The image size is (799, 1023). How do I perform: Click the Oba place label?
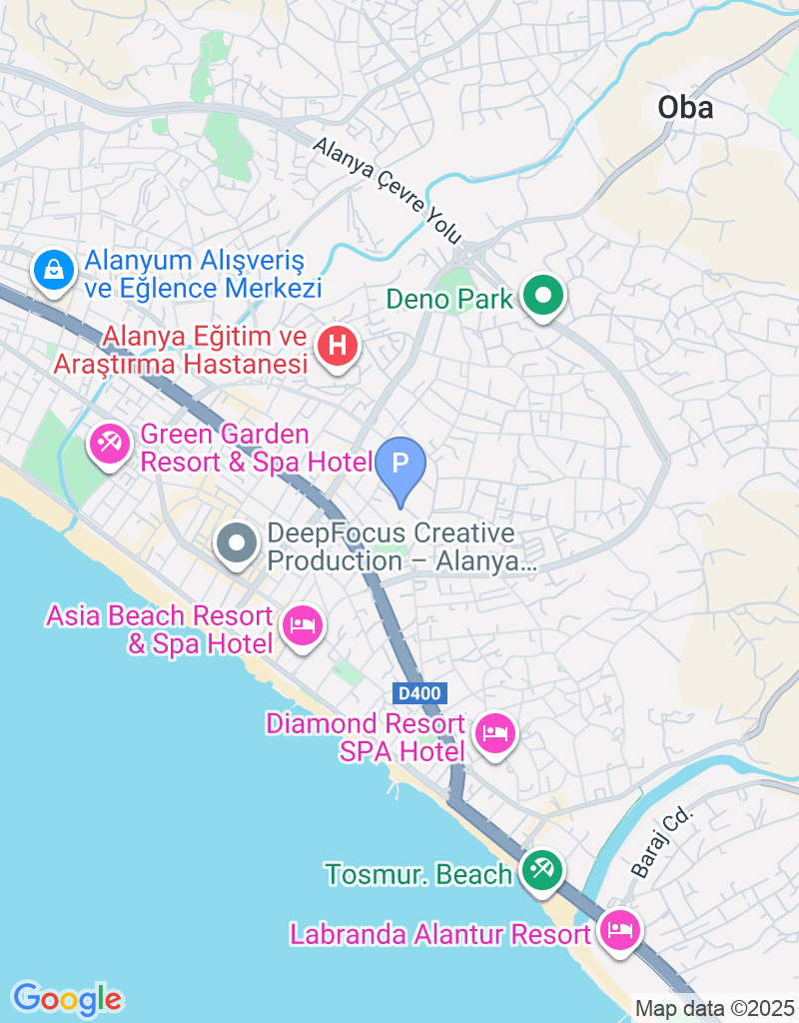pyautogui.click(x=686, y=107)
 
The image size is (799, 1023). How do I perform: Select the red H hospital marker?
pyautogui.click(x=338, y=348)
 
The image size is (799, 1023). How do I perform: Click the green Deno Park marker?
pyautogui.click(x=543, y=297)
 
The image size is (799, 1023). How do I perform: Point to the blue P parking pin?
pyautogui.click(x=399, y=465)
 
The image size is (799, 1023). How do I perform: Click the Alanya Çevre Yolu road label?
pyautogui.click(x=388, y=191)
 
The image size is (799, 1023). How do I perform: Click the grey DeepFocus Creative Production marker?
pyautogui.click(x=238, y=544)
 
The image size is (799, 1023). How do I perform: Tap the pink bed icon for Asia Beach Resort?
pyautogui.click(x=302, y=626)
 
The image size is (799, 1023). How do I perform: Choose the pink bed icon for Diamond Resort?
pyautogui.click(x=495, y=734)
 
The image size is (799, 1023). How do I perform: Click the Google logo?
pyautogui.click(x=67, y=998)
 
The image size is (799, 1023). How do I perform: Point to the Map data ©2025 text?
pyautogui.click(x=715, y=1009)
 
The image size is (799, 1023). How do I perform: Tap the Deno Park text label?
pyautogui.click(x=449, y=298)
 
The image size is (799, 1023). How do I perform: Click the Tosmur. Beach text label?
pyautogui.click(x=418, y=874)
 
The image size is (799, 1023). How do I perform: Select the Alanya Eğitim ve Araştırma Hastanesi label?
pyautogui.click(x=180, y=351)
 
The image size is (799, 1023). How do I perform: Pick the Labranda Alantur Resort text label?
pyautogui.click(x=440, y=935)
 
